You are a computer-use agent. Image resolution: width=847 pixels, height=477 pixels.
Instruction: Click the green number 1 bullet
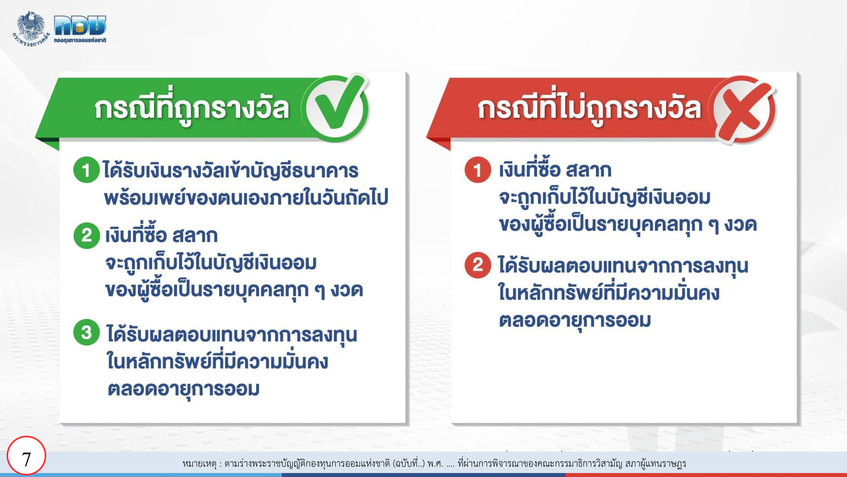[x=86, y=170]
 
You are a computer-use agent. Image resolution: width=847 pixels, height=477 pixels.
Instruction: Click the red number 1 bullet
[x=478, y=170]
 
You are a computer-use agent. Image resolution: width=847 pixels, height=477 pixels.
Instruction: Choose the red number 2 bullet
[x=478, y=265]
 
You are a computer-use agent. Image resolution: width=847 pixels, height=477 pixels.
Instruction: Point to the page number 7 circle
[x=26, y=456]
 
